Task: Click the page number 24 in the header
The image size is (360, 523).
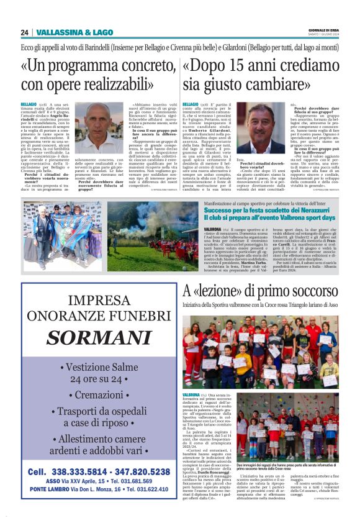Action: (24, 32)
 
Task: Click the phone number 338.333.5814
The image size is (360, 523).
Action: (74, 471)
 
